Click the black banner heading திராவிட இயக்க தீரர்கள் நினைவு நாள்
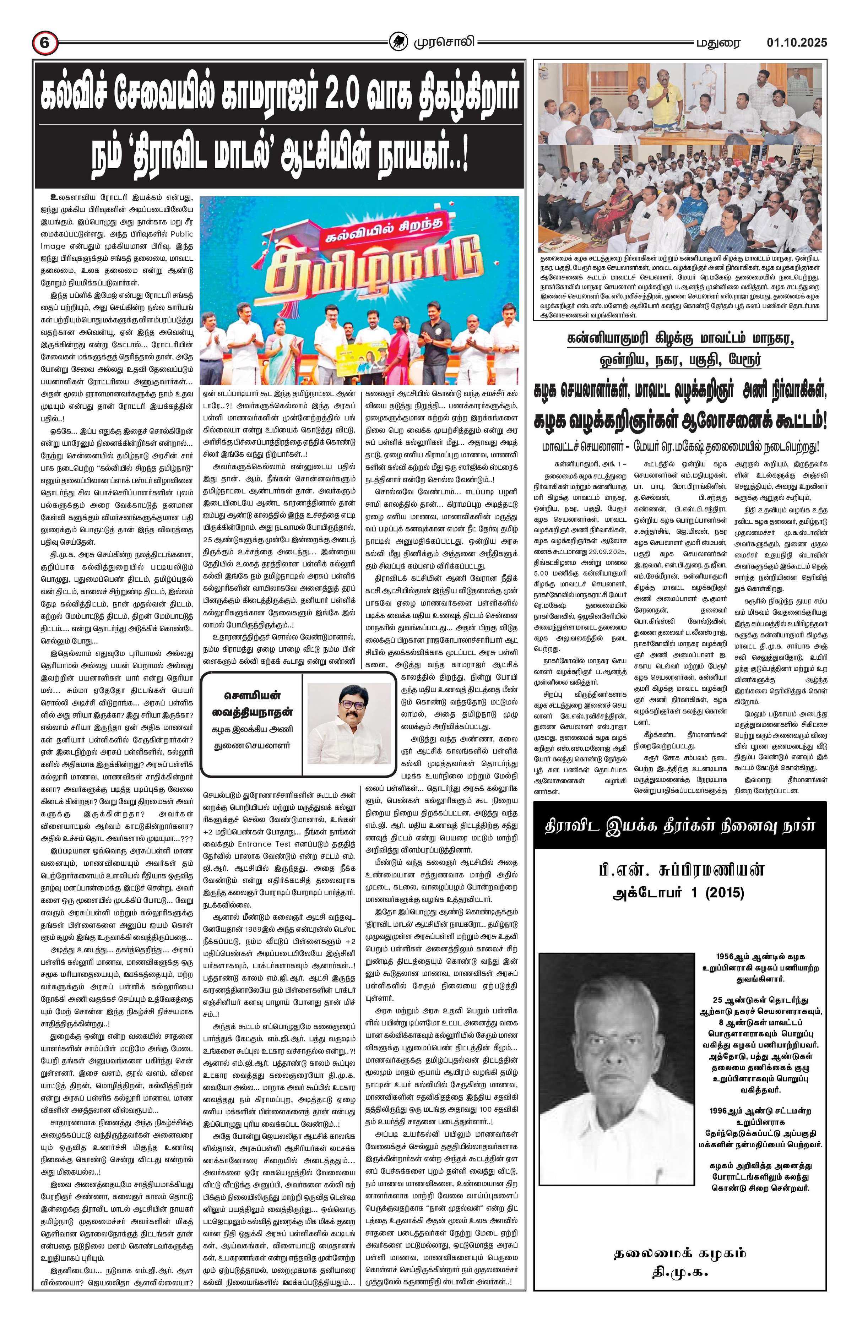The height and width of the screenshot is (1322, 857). [x=680, y=826]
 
